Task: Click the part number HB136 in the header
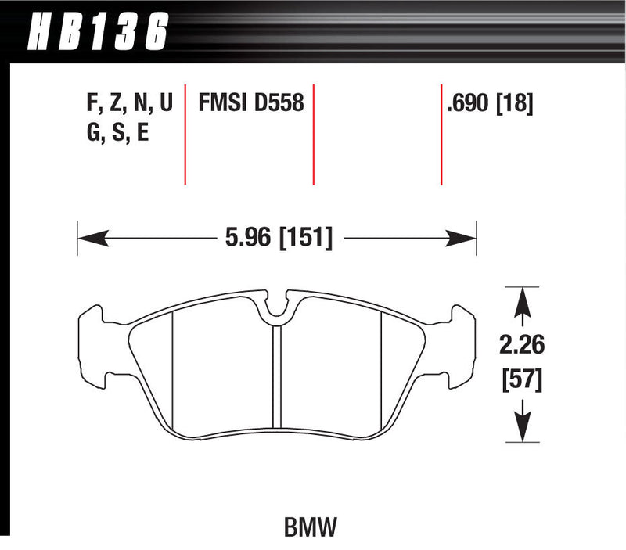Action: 99,31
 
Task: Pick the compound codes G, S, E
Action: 117,133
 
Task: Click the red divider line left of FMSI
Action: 185,133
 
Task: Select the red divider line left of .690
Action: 441,133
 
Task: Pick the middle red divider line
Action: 314,133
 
